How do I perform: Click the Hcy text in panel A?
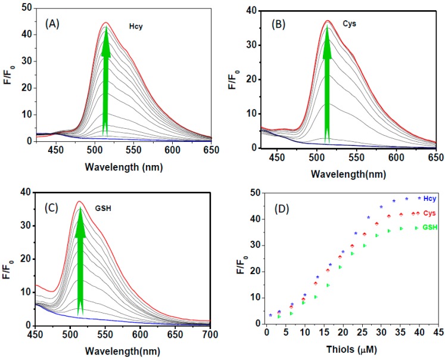[x=136, y=27]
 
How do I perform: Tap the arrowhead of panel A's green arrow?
[x=105, y=42]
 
